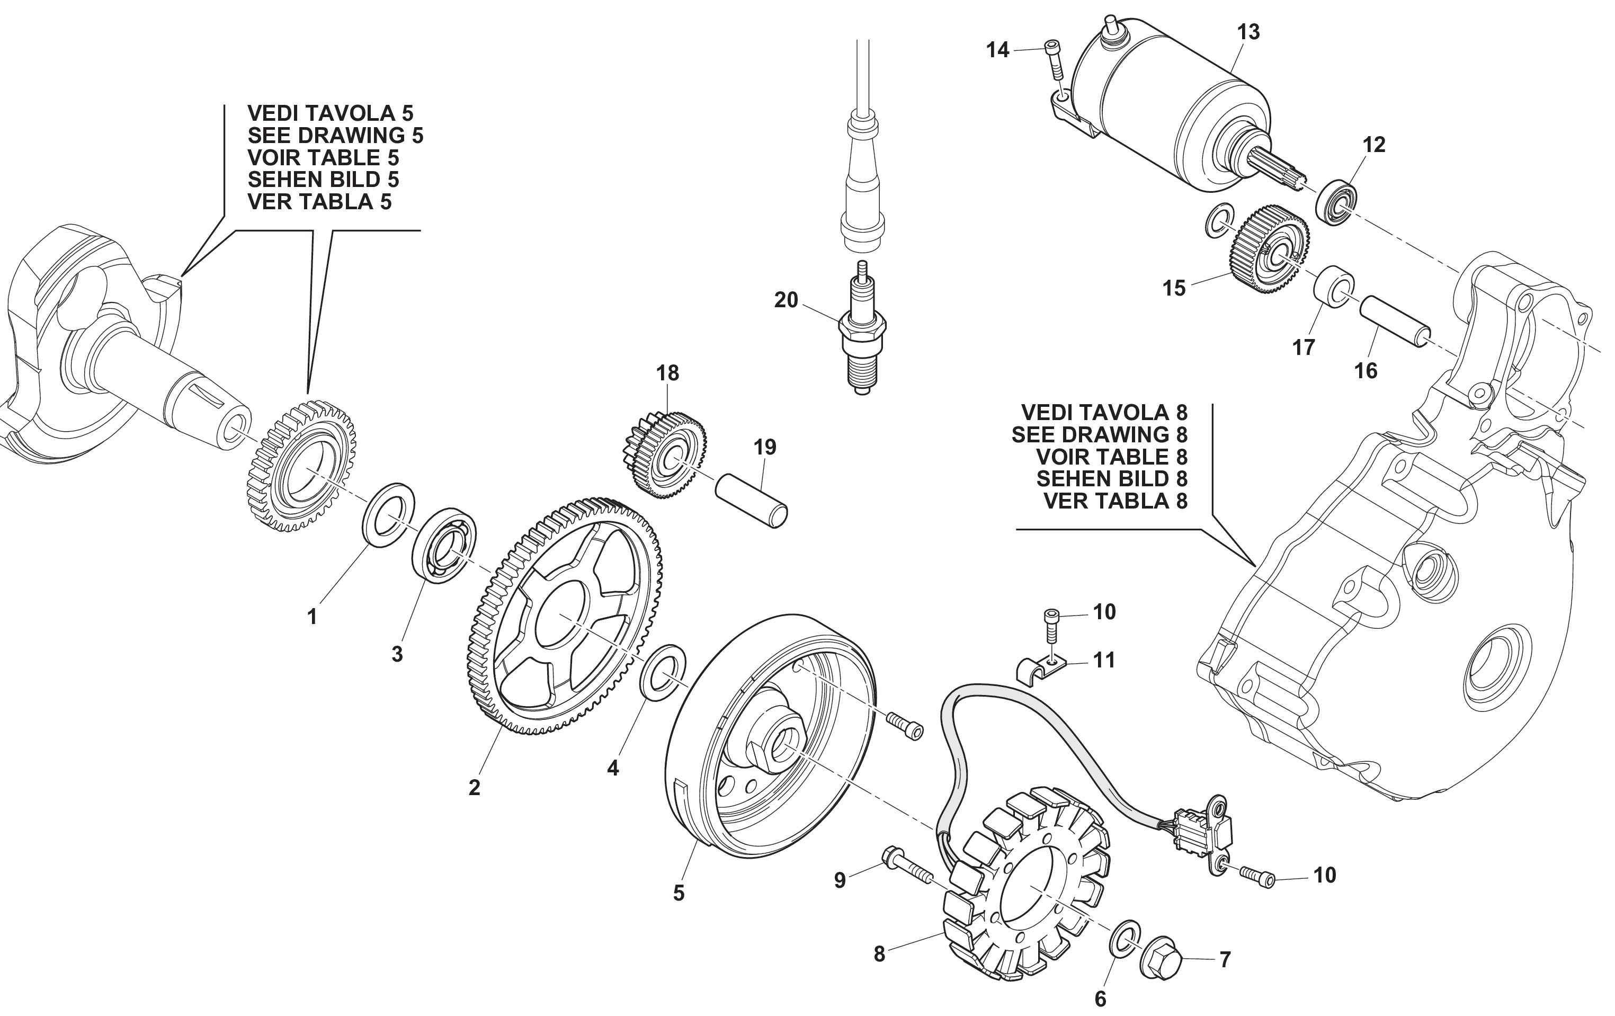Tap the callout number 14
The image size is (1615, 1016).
point(997,50)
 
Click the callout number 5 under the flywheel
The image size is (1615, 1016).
point(679,893)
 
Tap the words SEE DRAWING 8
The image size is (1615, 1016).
point(1099,434)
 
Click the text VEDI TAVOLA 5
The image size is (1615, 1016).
point(330,113)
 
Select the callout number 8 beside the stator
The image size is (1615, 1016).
point(879,953)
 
